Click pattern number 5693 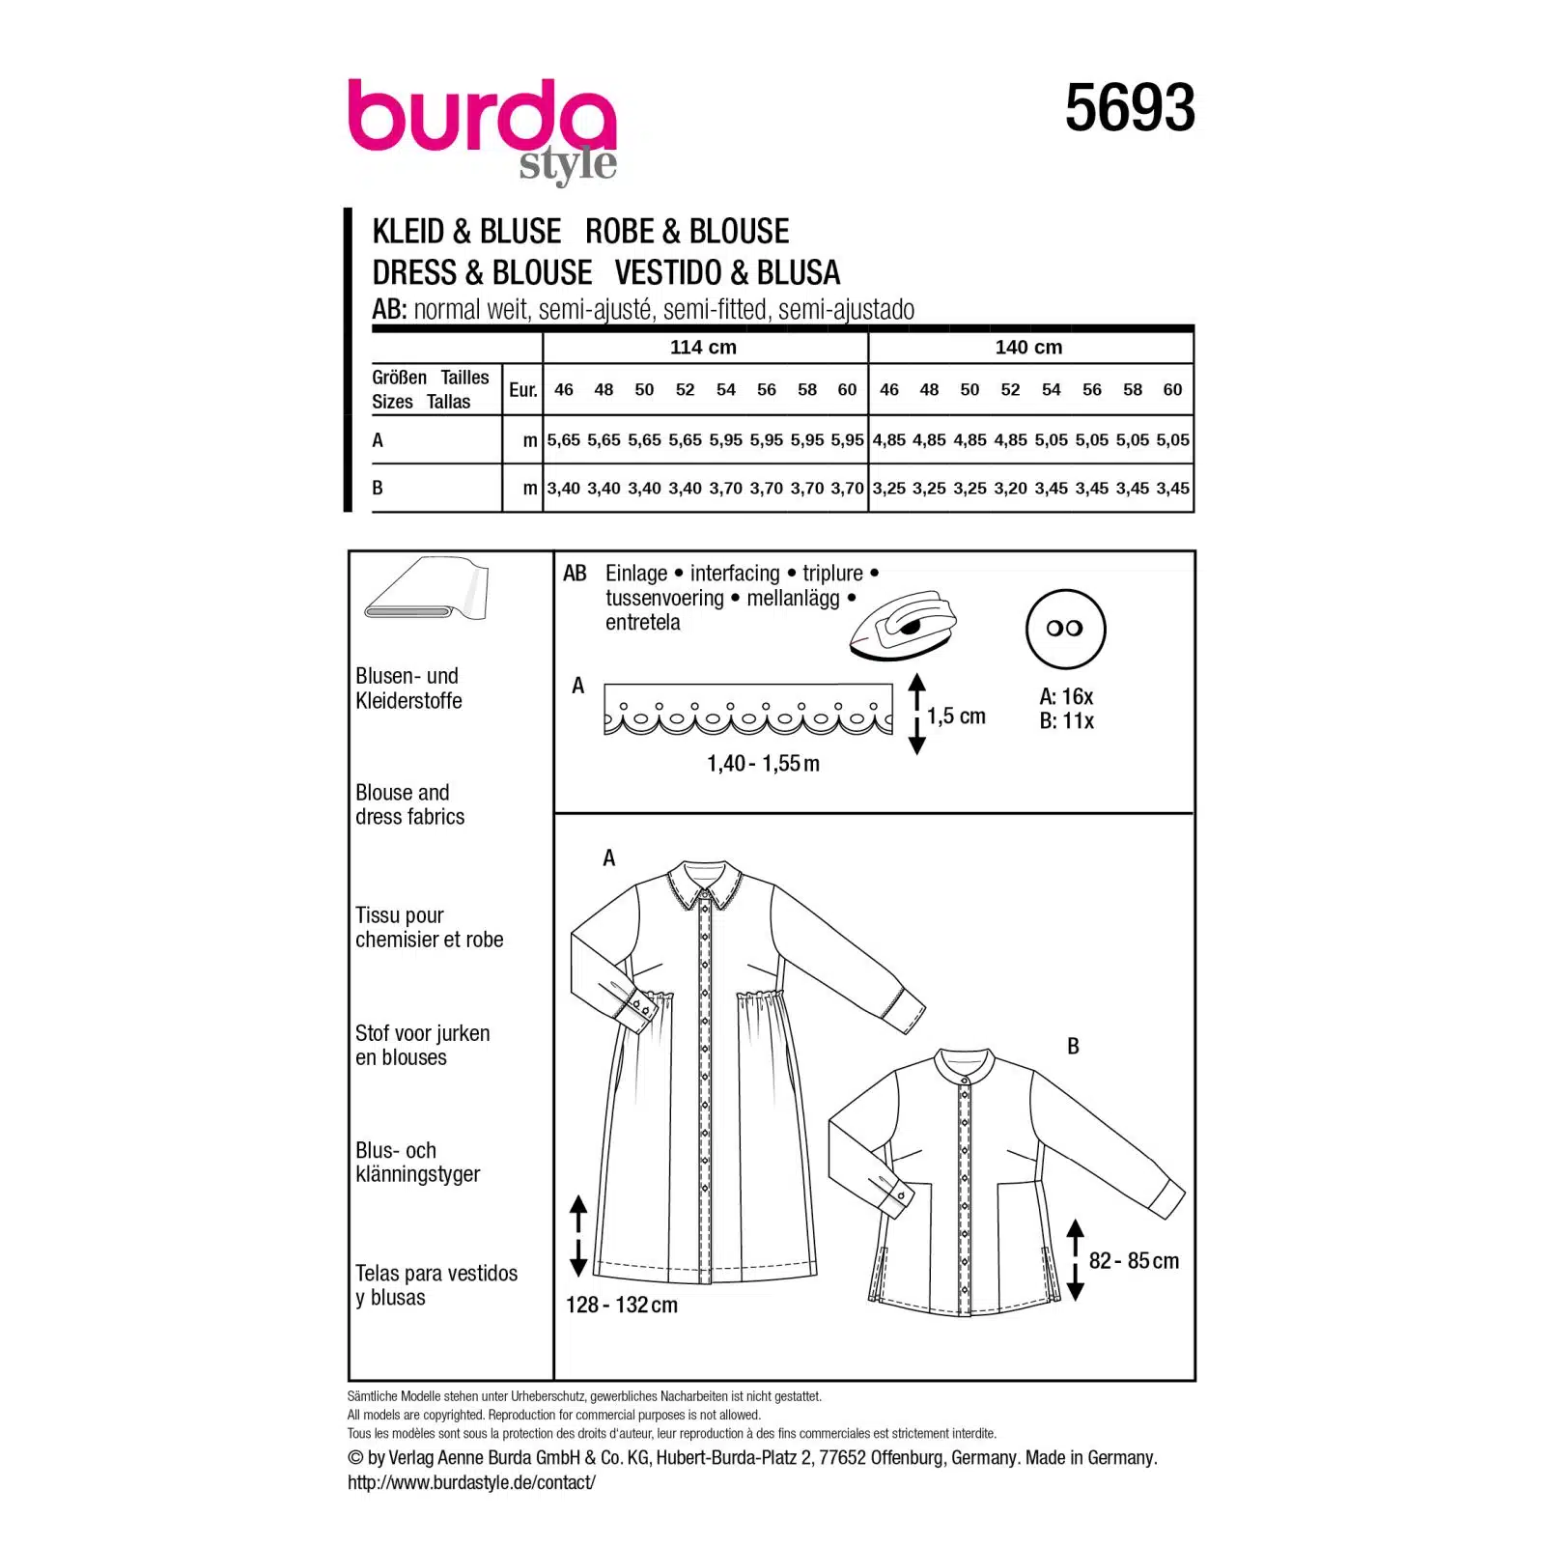click(1130, 108)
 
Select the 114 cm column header click(703, 348)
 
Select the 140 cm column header click(1028, 348)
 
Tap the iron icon click(903, 626)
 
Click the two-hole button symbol click(1065, 629)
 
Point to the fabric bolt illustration click(426, 589)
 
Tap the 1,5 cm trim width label click(956, 716)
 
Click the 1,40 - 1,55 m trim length click(763, 764)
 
